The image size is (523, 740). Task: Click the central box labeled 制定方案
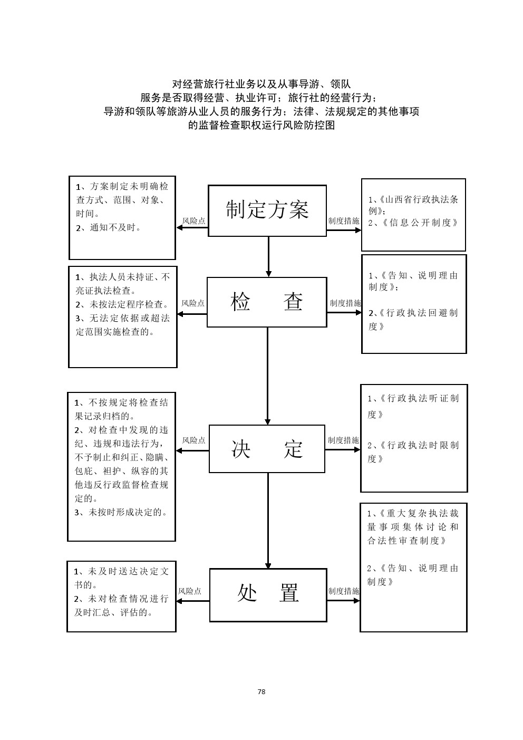tap(267, 210)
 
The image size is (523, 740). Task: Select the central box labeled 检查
tap(267, 302)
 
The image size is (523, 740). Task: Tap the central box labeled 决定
tap(267, 449)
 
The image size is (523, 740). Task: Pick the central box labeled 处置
tap(268, 594)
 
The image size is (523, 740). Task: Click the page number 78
tap(261, 691)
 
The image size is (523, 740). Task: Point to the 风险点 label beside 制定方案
tap(193, 221)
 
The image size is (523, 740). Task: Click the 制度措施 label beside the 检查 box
tap(345, 303)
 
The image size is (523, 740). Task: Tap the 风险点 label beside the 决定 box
tap(193, 440)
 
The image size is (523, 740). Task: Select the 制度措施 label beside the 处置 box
tap(343, 591)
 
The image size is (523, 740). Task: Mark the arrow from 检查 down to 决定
tap(268, 376)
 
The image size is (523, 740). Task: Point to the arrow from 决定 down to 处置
tap(268, 520)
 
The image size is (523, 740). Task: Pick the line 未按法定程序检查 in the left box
tap(122, 304)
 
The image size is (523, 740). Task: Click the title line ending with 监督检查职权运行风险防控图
tap(261, 126)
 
